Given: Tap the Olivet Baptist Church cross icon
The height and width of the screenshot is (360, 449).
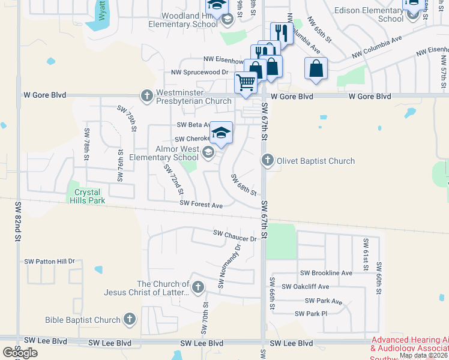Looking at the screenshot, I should [268, 160].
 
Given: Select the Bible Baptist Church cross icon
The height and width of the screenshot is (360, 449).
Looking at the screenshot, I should [129, 320].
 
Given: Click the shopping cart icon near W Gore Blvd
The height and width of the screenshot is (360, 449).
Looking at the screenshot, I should [246, 82].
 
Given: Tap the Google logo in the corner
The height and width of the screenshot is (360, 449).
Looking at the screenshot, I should [19, 353].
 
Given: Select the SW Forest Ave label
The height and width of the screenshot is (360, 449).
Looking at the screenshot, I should [202, 205].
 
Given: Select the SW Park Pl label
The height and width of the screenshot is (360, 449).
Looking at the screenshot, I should [311, 314].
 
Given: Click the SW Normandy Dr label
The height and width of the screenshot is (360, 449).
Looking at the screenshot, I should [229, 266].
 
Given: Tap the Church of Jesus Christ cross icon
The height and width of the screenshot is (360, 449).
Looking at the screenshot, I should [197, 287].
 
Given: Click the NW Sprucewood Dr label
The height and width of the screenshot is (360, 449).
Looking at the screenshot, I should [199, 72].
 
